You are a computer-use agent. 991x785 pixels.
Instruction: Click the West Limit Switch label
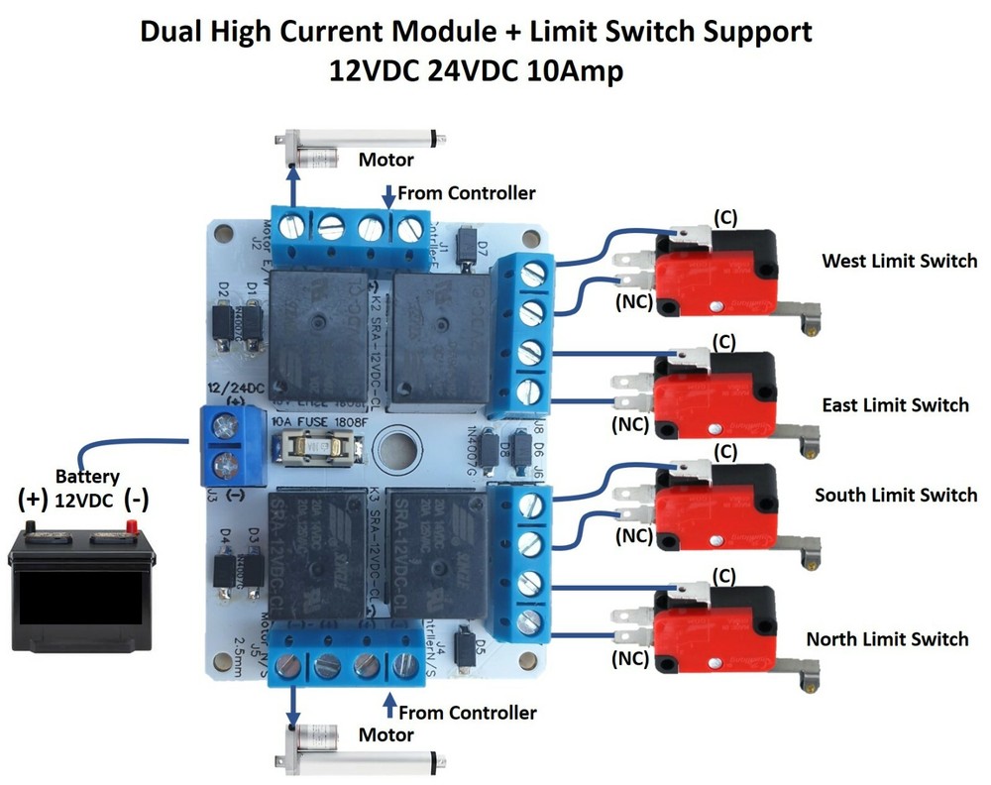899,262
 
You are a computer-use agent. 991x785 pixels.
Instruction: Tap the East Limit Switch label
895,405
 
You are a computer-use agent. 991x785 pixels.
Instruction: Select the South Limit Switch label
895,495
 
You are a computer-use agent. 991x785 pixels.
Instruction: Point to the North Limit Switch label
887,639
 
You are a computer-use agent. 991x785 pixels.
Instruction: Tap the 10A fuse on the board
316,447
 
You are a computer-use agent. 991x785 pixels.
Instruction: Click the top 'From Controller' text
466,193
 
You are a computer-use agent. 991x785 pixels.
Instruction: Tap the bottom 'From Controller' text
467,713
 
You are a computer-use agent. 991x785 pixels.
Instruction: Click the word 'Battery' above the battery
87,477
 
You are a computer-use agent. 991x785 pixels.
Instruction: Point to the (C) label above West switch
724,217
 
